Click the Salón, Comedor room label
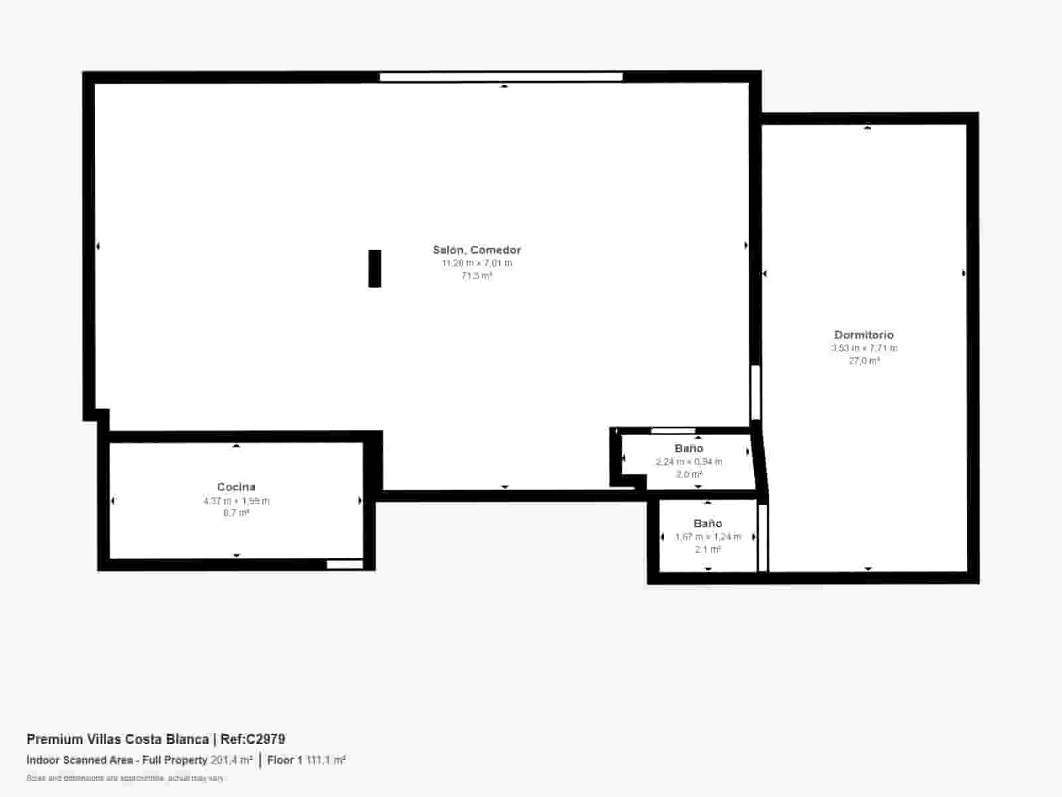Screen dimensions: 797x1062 [477, 250]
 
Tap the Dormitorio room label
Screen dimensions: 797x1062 [864, 335]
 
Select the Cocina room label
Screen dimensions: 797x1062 [236, 487]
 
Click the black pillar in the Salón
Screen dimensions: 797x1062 [375, 268]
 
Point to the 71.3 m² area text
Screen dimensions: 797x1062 [477, 276]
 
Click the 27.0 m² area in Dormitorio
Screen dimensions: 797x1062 [864, 361]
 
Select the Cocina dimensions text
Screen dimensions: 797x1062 [236, 501]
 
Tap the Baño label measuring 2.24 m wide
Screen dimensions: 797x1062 [688, 448]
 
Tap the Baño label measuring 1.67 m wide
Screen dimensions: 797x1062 [708, 523]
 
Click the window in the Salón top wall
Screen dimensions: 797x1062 [501, 77]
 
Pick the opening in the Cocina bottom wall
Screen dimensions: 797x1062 [345, 565]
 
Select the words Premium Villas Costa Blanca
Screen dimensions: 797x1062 [117, 739]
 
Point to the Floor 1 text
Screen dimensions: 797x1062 [285, 760]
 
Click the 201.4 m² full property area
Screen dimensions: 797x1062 [232, 760]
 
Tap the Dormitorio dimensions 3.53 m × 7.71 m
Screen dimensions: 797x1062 [864, 348]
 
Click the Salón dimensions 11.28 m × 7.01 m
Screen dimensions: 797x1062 [477, 263]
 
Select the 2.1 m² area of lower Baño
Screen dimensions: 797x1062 [708, 549]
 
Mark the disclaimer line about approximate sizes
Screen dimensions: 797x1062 [125, 778]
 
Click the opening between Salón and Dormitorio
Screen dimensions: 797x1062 [755, 392]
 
